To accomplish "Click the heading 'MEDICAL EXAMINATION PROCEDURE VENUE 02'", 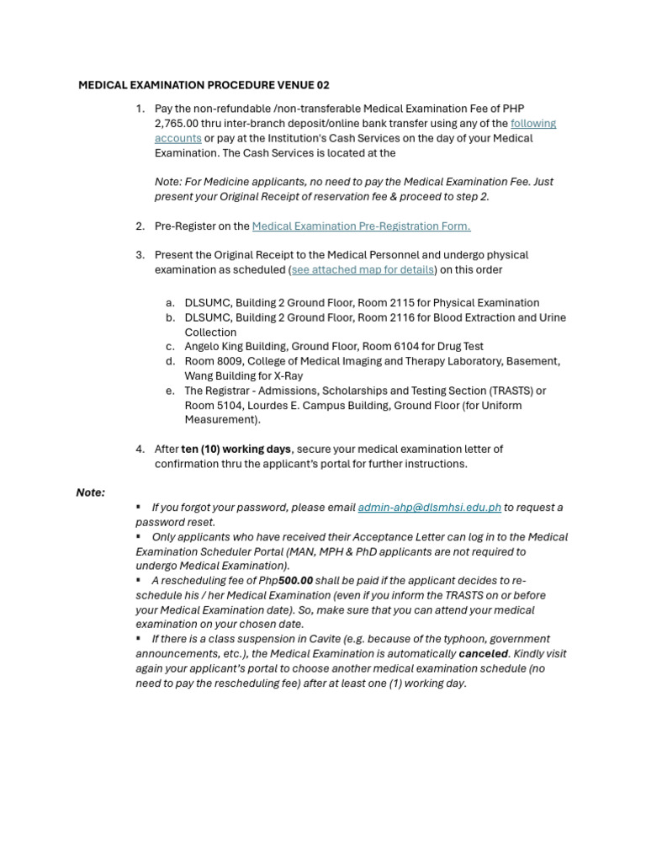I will [x=204, y=85].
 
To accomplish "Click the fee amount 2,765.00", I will [x=177, y=123].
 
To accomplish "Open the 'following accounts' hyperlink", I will [x=532, y=123].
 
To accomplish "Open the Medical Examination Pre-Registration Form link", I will [x=361, y=226].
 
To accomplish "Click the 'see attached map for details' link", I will [x=363, y=269].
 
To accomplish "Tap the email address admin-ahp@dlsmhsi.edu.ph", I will [x=429, y=508].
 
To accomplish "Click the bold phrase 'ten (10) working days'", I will [x=236, y=449].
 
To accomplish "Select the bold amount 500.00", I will [x=296, y=581].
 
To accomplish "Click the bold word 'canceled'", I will [x=483, y=653].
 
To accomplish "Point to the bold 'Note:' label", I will [x=91, y=492].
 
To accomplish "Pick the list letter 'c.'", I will [x=170, y=346].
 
